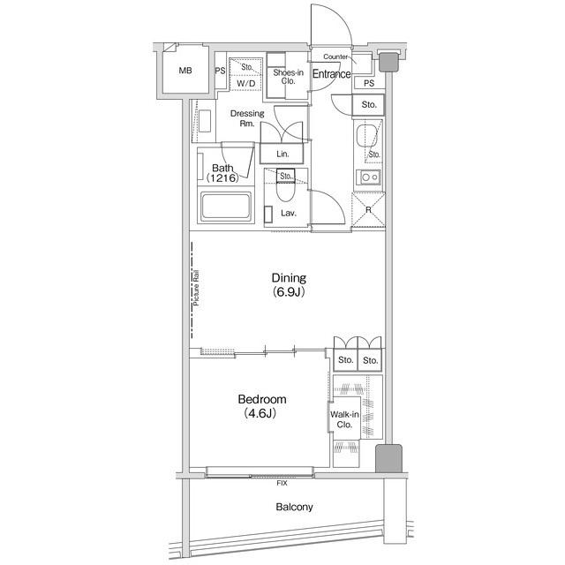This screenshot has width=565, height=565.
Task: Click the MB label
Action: tap(185, 71)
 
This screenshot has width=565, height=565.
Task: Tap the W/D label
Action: tap(246, 84)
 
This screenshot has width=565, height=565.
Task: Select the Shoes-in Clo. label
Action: tap(289, 77)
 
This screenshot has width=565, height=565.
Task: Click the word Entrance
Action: tap(332, 74)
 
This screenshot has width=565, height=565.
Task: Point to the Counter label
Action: tap(335, 56)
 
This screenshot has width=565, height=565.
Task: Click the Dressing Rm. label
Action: tap(247, 118)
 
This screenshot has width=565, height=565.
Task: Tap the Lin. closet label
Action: tap(282, 154)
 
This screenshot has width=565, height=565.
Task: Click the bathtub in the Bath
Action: tap(226, 207)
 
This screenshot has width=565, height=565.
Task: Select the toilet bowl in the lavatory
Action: tap(286, 191)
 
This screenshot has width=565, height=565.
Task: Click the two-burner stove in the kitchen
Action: tap(369, 177)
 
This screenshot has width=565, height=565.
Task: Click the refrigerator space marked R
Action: tap(368, 210)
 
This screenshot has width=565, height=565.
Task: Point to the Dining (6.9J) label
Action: tap(289, 284)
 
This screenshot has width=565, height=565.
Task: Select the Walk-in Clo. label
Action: tap(344, 419)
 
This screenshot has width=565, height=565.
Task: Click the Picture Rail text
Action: tap(196, 288)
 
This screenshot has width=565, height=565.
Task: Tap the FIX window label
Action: tap(282, 483)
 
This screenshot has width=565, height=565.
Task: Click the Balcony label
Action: tap(294, 507)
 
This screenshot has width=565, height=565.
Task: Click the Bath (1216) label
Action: tap(222, 173)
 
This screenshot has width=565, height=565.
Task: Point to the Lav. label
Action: tap(289, 213)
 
